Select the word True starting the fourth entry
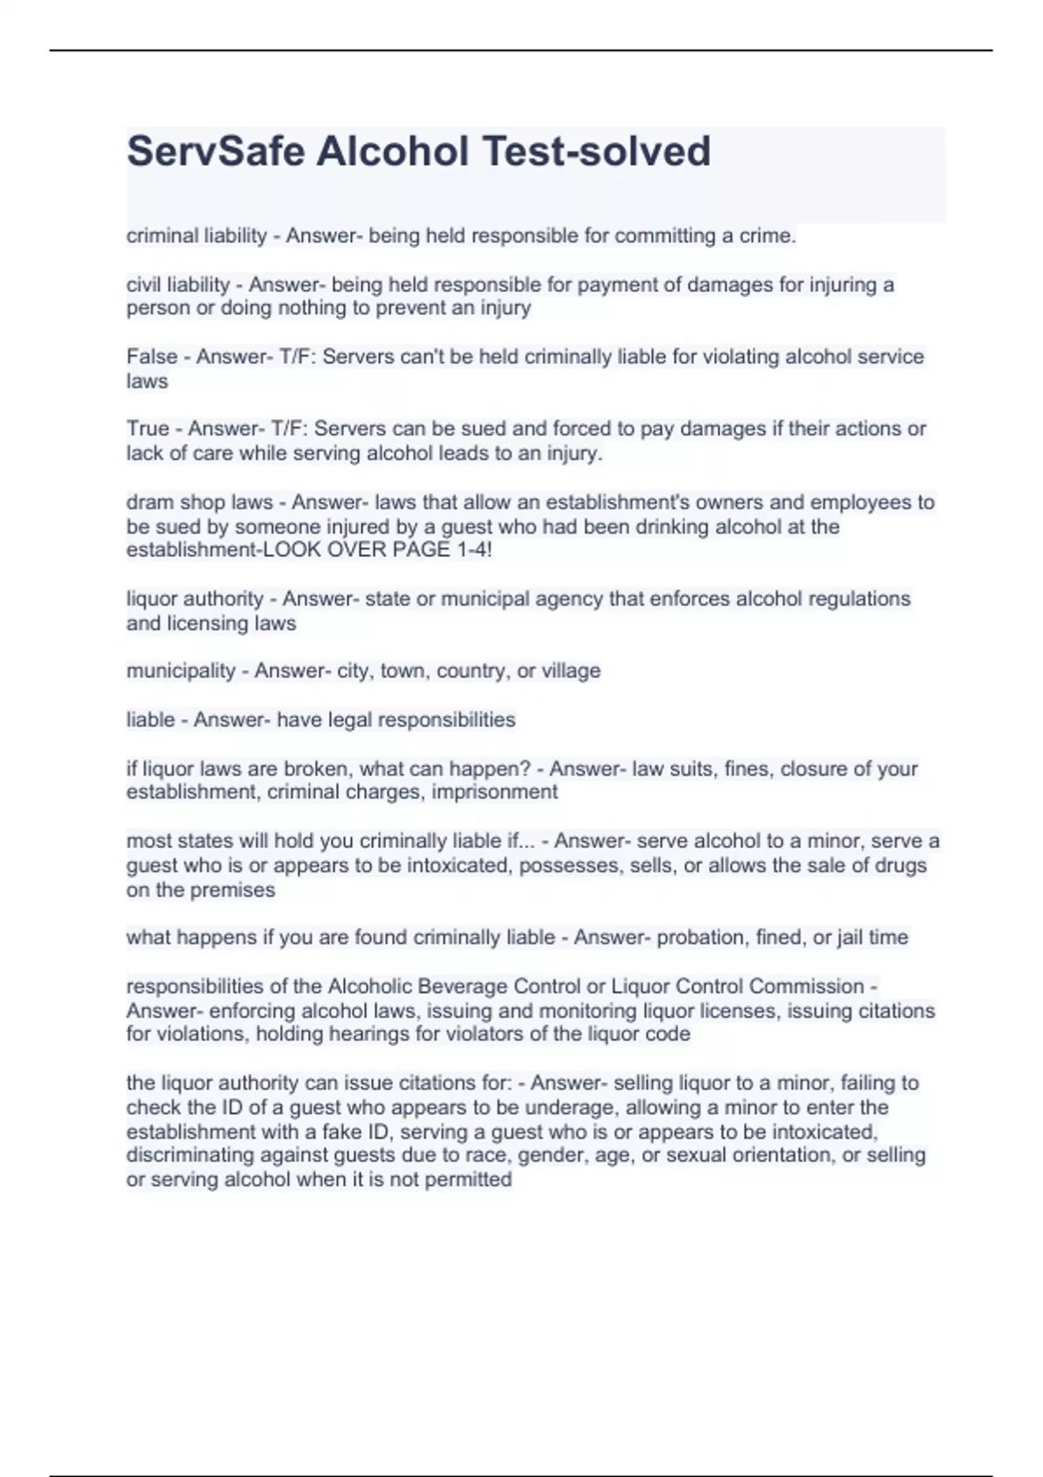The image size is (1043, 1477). point(148,429)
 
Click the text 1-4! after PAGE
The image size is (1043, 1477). point(473,550)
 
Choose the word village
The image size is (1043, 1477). point(571,671)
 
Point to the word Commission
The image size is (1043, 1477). point(806,987)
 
